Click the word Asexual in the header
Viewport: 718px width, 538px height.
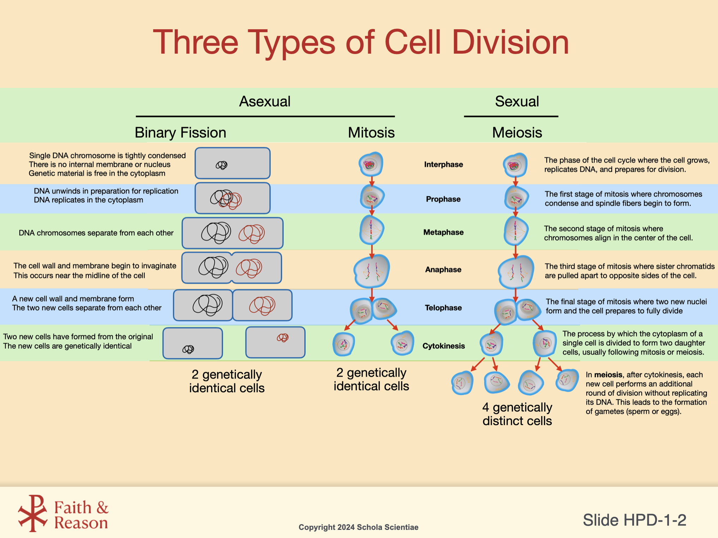[265, 101]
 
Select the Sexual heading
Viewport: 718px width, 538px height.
[517, 101]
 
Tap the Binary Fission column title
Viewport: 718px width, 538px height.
[180, 133]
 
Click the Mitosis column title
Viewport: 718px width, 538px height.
[371, 133]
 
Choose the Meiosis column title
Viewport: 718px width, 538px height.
[517, 133]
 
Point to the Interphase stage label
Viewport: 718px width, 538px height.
[443, 165]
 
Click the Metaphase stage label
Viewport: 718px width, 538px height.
[443, 232]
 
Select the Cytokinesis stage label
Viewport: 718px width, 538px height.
[443, 346]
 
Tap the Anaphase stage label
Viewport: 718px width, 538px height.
[443, 270]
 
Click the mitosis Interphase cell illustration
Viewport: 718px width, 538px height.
[371, 164]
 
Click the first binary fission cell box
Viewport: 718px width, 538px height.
[233, 163]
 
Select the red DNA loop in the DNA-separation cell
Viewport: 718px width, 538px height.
[252, 234]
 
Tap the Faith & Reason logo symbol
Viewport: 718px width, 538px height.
[32, 513]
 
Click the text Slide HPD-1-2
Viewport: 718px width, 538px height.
[634, 520]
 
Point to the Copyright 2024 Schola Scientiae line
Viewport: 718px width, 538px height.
[358, 527]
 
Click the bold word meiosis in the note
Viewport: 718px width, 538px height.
[608, 375]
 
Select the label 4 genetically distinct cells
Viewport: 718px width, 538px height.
[517, 414]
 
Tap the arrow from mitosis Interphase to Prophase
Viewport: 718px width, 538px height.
[372, 181]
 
